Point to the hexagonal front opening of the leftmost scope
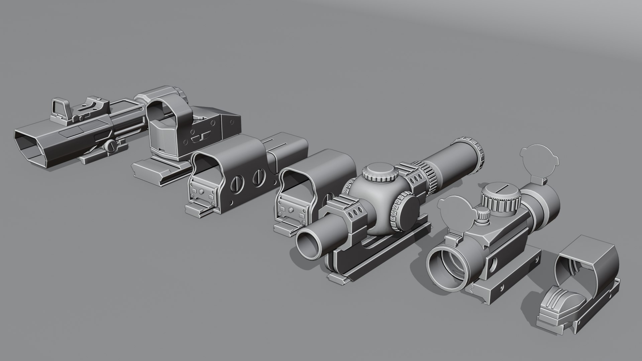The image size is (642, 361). pyautogui.click(x=31, y=147)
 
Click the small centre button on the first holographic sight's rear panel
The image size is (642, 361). pyautogui.click(x=202, y=191)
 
